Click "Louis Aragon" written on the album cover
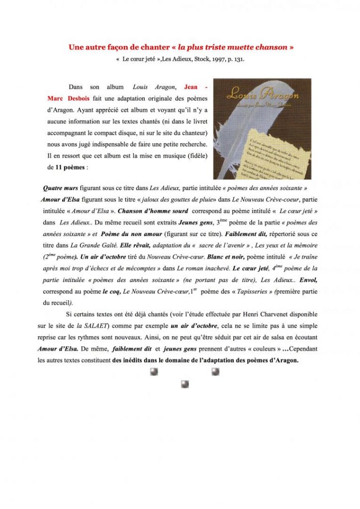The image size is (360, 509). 262,94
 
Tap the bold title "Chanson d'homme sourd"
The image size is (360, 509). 153,211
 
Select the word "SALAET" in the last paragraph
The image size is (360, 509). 94,326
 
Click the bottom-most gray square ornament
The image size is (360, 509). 185,384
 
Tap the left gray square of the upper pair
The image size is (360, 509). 154,372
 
